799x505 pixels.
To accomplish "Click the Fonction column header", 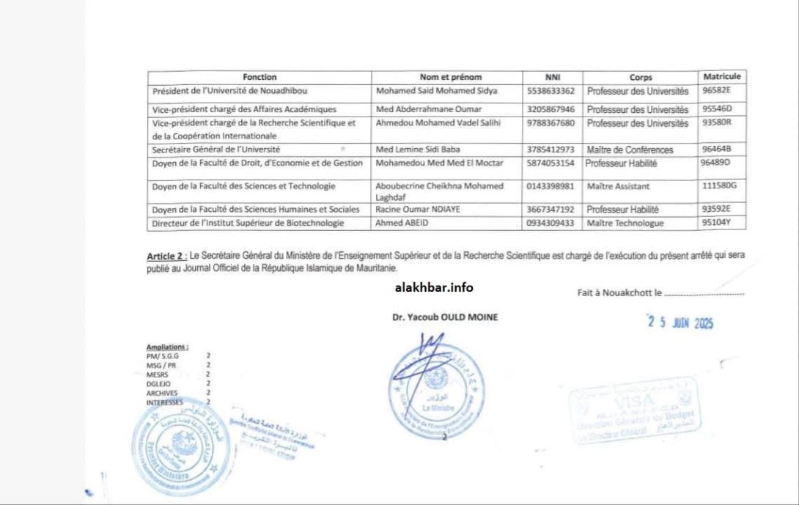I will pyautogui.click(x=259, y=77).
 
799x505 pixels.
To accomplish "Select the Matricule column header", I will pyautogui.click(x=721, y=76).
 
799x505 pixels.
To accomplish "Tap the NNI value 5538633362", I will pyautogui.click(x=551, y=92).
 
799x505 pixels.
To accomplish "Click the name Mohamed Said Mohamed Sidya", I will pyautogui.click(x=436, y=92).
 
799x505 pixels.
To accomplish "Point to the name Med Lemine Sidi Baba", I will pyautogui.click(x=418, y=150).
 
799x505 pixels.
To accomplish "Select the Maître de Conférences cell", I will pyautogui.click(x=630, y=150).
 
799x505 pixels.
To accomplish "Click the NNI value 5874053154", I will pyautogui.click(x=551, y=163).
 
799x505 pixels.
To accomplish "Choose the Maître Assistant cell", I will pyautogui.click(x=618, y=186).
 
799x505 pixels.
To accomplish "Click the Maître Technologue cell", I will pyautogui.click(x=625, y=223).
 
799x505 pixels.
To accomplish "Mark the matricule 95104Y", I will pyautogui.click(x=717, y=222).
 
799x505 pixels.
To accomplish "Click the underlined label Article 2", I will pyautogui.click(x=166, y=256).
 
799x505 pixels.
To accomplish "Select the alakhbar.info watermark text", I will pyautogui.click(x=434, y=287).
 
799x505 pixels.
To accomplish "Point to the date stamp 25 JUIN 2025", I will pyautogui.click(x=680, y=322).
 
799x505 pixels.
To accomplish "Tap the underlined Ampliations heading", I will pyautogui.click(x=167, y=347).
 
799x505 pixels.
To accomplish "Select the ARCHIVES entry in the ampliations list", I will pyautogui.click(x=162, y=393).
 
